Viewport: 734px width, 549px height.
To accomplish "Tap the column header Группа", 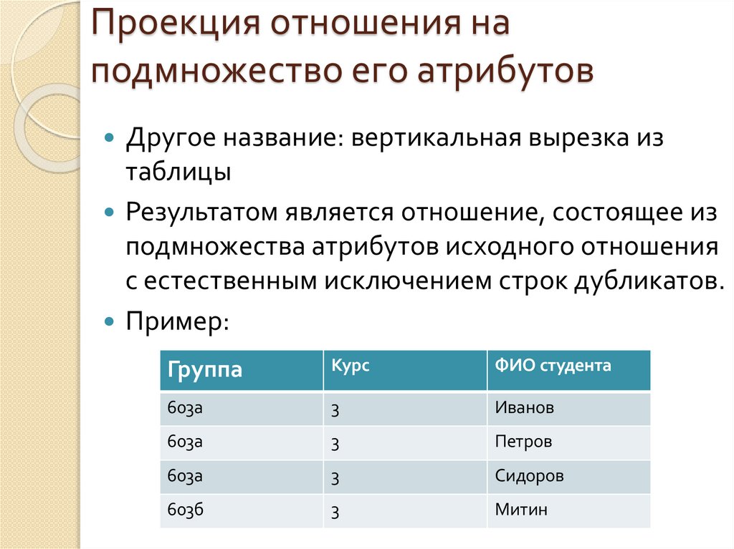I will click(x=205, y=371).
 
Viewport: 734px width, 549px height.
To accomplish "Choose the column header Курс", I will click(x=351, y=366).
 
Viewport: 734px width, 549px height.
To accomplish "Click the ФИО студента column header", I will click(x=553, y=366).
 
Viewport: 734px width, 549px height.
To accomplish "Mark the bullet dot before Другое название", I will click(x=109, y=136).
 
